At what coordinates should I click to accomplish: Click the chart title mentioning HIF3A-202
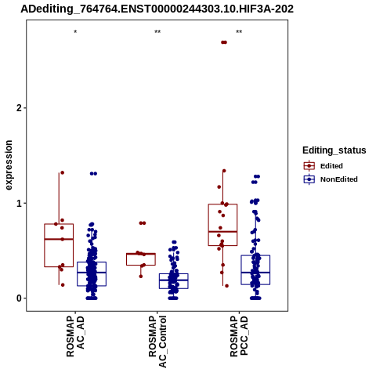click(157, 9)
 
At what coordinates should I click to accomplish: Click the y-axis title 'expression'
click(9, 165)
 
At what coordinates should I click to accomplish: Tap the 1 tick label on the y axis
click(19, 203)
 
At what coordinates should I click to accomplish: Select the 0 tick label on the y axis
click(19, 298)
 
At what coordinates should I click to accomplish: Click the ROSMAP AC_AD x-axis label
click(75, 336)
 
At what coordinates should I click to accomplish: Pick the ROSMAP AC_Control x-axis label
click(157, 342)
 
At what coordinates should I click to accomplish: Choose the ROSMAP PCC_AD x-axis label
click(239, 336)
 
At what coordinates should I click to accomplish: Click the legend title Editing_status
click(334, 150)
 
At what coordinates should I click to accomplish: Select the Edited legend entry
click(323, 166)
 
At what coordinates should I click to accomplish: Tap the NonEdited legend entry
click(331, 179)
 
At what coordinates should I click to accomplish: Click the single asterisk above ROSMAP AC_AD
click(75, 32)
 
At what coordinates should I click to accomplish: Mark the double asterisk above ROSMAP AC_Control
click(157, 32)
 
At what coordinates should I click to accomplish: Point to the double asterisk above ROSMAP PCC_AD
click(239, 32)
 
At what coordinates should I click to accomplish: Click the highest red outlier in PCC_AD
click(224, 42)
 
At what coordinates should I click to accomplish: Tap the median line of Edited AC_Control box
click(141, 254)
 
